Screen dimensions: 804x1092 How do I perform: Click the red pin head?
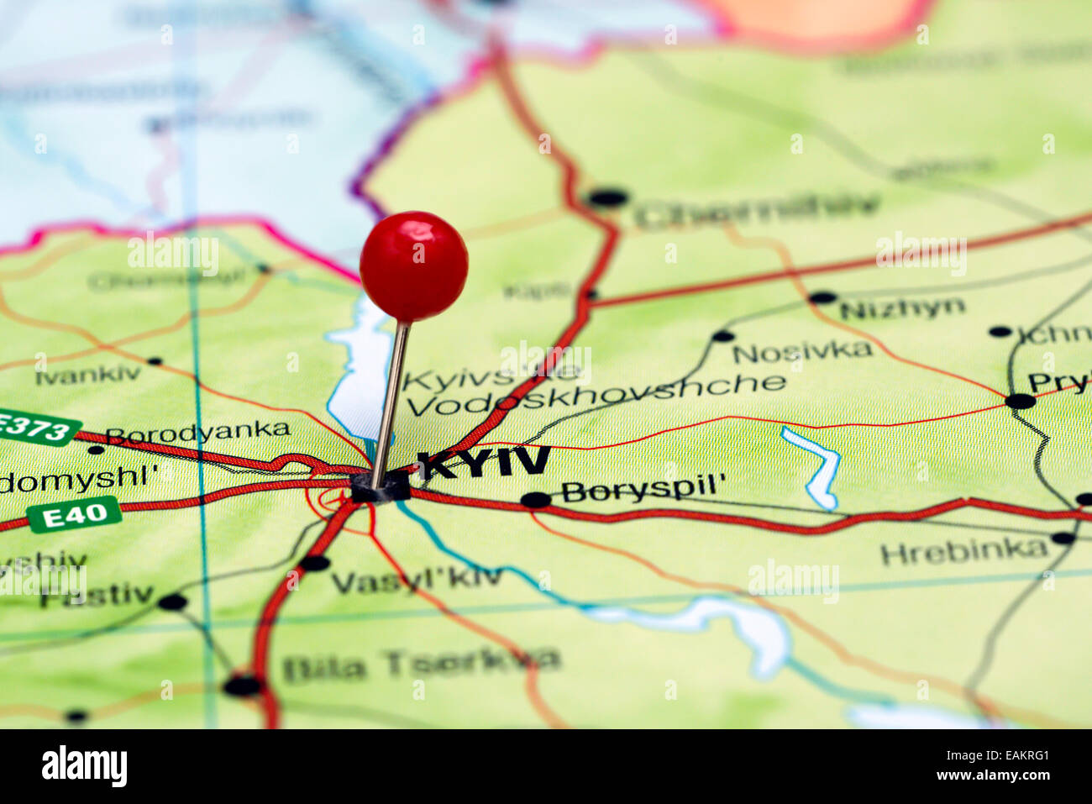tap(413, 266)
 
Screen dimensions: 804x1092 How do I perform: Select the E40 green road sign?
tap(75, 514)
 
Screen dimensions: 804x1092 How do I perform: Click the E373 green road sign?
tap(35, 428)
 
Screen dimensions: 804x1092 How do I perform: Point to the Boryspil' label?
tap(643, 490)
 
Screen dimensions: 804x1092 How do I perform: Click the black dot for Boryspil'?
tap(535, 501)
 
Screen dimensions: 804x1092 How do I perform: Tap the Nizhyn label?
tap(901, 309)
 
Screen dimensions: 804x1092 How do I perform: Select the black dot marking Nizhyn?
tap(822, 297)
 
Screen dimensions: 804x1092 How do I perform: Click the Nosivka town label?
tap(802, 351)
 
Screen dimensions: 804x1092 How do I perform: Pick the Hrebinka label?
tap(963, 552)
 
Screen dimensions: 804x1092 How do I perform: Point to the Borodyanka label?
tap(198, 433)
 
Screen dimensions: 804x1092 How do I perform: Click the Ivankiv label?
tap(88, 375)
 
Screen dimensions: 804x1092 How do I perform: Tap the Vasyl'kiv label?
tap(417, 579)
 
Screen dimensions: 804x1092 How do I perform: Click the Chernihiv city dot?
tap(608, 199)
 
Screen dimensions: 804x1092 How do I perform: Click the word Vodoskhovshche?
tap(596, 395)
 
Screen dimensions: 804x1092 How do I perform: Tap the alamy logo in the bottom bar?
tap(84, 766)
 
